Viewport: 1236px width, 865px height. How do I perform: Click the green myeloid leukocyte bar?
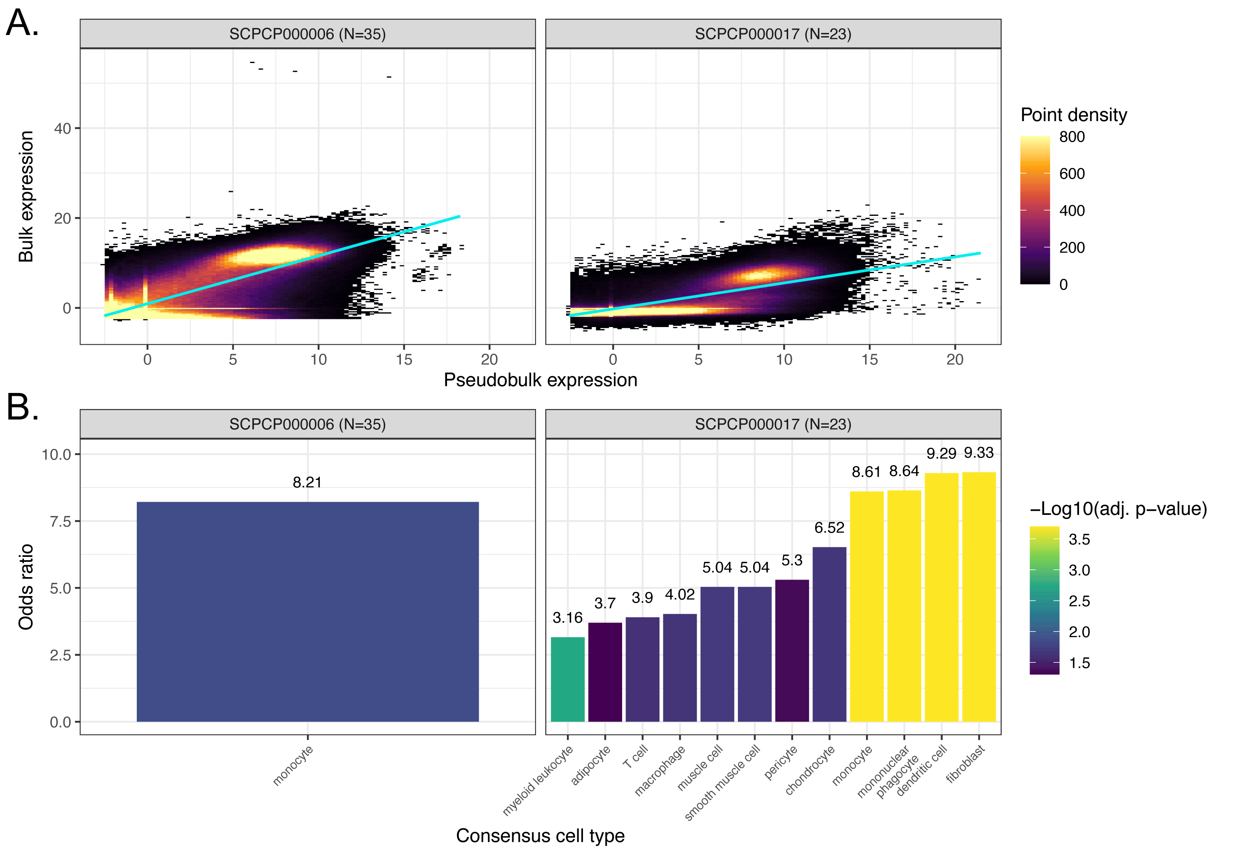click(567, 679)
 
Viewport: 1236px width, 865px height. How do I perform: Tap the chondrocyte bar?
click(829, 634)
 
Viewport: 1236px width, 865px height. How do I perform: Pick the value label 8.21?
click(307, 482)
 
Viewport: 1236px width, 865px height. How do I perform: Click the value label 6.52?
click(829, 528)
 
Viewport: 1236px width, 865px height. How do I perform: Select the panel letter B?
click(22, 407)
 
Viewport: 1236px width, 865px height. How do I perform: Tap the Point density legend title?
click(1073, 115)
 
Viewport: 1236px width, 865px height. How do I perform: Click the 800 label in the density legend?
click(1072, 137)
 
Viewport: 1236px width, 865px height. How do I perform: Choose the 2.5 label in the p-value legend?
click(1079, 601)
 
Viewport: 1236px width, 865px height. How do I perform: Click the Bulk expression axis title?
click(26, 196)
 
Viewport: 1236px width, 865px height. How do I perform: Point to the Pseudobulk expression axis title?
click(540, 380)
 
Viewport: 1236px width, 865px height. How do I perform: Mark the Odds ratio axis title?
click(26, 587)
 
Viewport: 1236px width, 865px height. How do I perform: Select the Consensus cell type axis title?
click(540, 835)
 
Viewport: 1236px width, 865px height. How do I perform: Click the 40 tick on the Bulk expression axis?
click(63, 129)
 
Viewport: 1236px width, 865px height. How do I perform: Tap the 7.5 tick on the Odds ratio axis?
click(60, 521)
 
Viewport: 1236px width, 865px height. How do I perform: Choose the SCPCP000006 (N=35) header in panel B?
click(307, 425)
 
